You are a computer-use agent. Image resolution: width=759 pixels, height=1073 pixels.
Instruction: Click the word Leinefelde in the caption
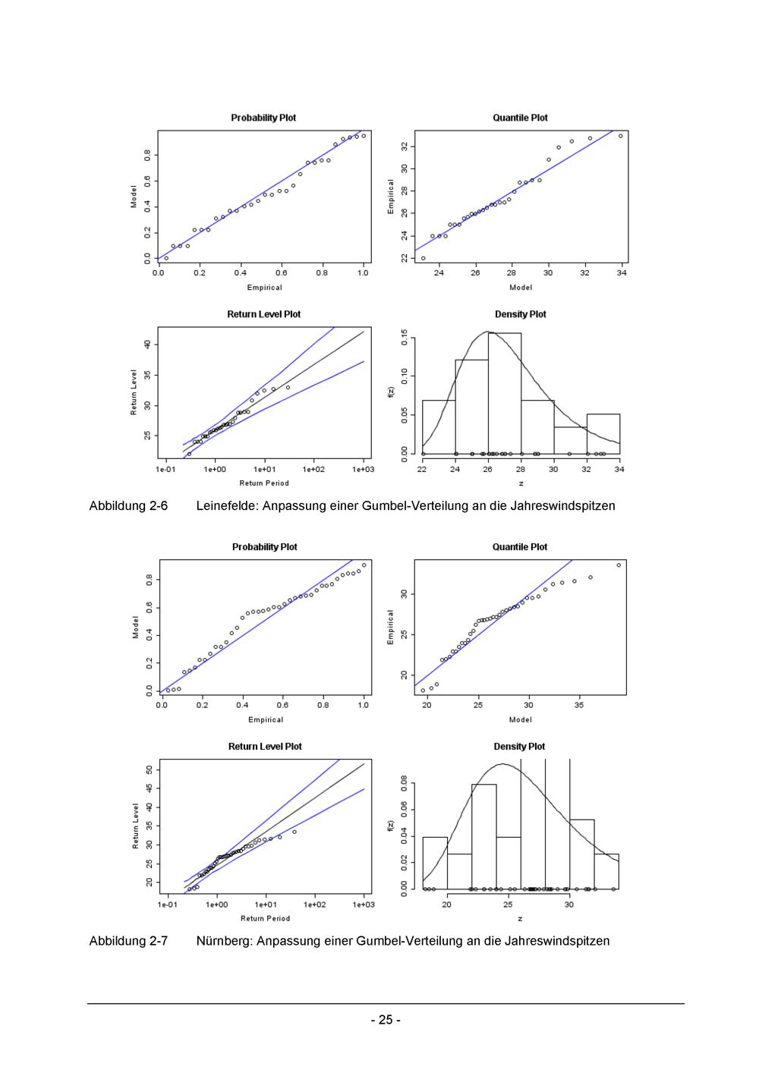(226, 505)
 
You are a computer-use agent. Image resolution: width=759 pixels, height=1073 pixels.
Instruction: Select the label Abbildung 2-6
(128, 505)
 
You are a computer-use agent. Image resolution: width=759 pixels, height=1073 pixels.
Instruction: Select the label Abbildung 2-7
(128, 941)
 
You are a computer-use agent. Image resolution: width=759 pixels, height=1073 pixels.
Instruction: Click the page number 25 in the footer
(386, 1020)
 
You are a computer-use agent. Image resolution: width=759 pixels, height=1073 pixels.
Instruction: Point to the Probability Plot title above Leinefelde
(263, 118)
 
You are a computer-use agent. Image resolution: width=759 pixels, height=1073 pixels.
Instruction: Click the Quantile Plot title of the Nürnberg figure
(520, 547)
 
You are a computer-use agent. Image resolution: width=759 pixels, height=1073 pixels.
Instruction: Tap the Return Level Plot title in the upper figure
(263, 314)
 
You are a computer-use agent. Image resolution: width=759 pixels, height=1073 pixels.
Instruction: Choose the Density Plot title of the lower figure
(520, 747)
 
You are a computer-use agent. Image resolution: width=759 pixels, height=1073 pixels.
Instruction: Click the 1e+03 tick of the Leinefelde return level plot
(363, 470)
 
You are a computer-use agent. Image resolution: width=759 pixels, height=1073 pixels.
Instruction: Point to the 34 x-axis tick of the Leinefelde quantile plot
(622, 273)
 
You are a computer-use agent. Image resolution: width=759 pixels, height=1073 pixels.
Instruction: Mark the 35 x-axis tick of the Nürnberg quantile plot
(579, 705)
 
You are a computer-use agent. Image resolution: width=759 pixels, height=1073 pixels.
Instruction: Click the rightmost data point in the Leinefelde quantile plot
(620, 136)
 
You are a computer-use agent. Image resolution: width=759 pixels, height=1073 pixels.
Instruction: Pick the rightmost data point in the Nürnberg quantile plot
(619, 565)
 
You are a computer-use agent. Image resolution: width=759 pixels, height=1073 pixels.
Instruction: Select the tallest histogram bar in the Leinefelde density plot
(504, 395)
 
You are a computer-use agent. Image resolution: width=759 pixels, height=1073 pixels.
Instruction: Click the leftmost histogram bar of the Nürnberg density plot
(435, 863)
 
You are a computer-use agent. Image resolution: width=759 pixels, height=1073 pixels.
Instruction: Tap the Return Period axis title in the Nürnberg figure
(265, 918)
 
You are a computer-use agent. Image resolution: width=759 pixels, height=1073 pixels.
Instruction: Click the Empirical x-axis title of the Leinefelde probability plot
(264, 288)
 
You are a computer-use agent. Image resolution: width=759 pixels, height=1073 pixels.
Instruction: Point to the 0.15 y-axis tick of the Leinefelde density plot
(405, 337)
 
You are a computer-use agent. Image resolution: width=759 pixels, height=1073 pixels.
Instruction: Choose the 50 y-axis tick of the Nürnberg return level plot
(150, 770)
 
